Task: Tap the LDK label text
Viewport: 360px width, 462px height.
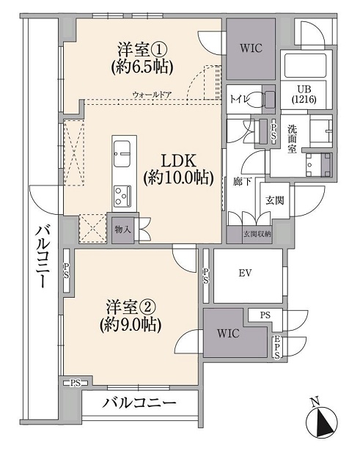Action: (x=178, y=162)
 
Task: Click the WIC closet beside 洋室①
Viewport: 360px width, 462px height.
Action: (x=251, y=48)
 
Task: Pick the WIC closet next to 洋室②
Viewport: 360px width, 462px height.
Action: (x=228, y=334)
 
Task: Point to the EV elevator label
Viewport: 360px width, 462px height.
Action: (x=245, y=273)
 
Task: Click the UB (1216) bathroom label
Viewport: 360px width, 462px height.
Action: (x=304, y=95)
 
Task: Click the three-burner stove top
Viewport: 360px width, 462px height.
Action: (x=122, y=196)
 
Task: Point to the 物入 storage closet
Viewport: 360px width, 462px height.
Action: (x=122, y=230)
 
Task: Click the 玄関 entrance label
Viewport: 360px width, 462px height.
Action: (x=274, y=200)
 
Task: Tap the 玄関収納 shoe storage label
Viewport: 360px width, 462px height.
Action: (x=257, y=235)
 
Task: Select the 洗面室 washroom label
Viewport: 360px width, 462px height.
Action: (x=293, y=139)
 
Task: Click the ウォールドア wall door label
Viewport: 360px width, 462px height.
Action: (x=153, y=95)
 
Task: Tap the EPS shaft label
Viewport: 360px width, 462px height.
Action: (x=277, y=347)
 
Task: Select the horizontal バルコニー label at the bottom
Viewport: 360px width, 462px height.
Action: (x=139, y=403)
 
